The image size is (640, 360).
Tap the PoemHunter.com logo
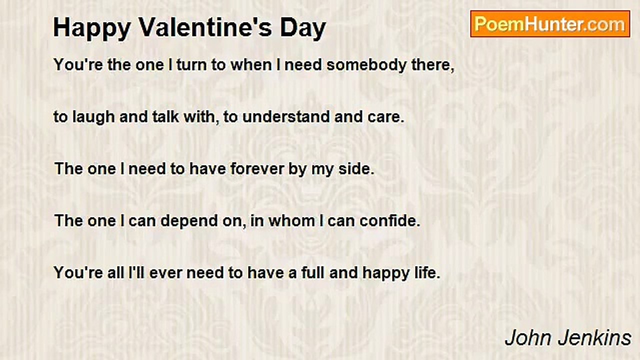coord(550,24)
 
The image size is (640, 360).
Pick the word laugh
coord(88,117)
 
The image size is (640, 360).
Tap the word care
coord(386,117)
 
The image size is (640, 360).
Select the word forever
coord(257,168)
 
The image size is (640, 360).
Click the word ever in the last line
coord(164,273)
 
